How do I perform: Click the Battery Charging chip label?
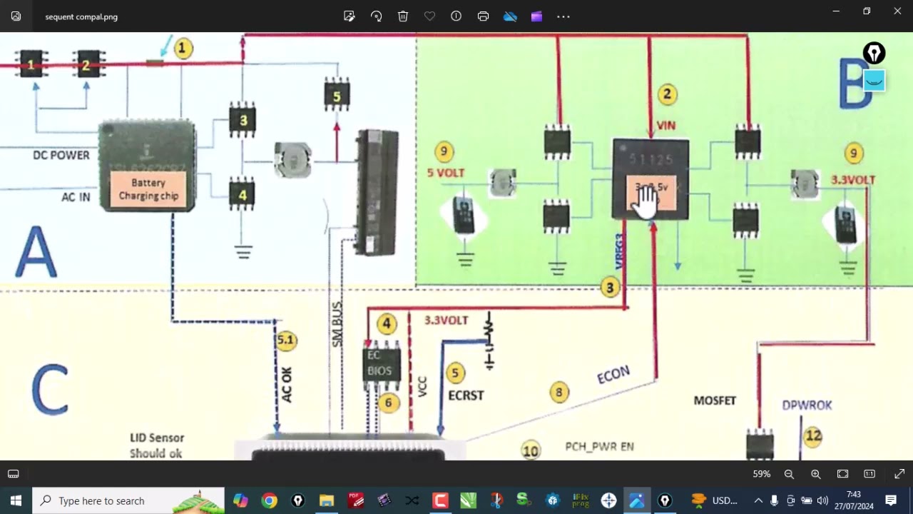(148, 189)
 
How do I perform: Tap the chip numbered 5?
(337, 96)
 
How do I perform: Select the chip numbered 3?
(243, 120)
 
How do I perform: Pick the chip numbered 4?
(243, 194)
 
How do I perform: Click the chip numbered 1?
(31, 65)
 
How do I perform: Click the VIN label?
(665, 126)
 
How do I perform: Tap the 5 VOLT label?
(446, 173)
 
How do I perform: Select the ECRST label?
(466, 395)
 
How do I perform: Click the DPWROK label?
(807, 405)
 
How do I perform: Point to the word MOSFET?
(715, 400)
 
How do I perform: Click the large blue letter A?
(36, 251)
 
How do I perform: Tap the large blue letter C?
(50, 390)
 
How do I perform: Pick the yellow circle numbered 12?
(813, 435)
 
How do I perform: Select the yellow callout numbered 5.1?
(286, 340)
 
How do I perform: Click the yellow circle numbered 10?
(530, 450)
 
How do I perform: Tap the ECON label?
(613, 375)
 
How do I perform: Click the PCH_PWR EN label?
(599, 447)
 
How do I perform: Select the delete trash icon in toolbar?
(403, 16)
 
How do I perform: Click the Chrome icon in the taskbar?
(269, 500)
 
